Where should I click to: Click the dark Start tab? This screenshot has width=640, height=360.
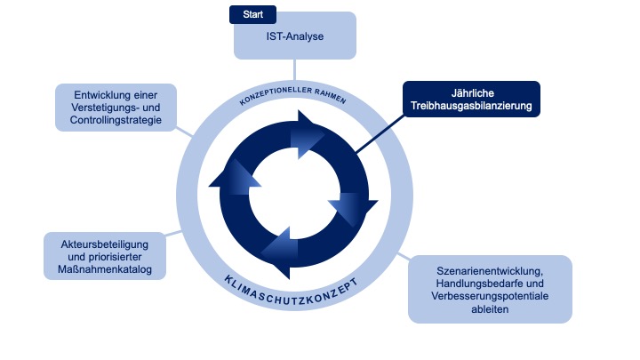(x=252, y=15)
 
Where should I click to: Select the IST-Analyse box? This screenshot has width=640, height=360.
(x=294, y=36)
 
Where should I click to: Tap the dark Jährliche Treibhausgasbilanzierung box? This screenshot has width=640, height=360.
(x=471, y=99)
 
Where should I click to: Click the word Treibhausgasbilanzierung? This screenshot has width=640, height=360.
(x=471, y=107)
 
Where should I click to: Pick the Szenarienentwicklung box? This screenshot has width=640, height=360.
(x=490, y=289)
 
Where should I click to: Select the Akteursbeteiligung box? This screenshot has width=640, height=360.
(x=105, y=256)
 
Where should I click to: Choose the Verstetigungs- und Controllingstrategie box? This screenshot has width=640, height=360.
(x=115, y=107)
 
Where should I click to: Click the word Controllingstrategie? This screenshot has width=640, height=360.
(x=115, y=119)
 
